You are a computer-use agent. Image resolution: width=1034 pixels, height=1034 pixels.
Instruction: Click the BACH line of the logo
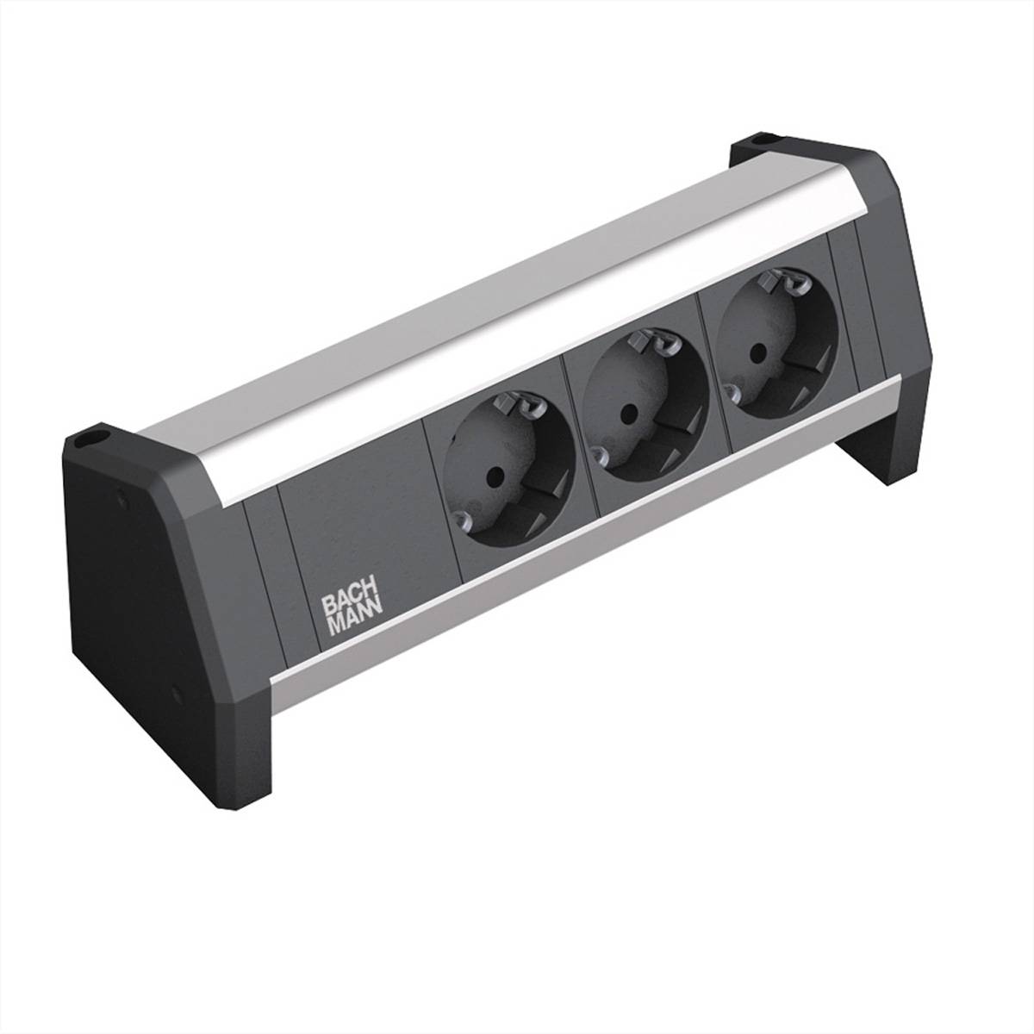pyautogui.click(x=346, y=603)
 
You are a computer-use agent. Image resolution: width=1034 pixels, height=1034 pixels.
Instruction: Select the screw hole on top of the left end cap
pyautogui.click(x=87, y=440)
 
